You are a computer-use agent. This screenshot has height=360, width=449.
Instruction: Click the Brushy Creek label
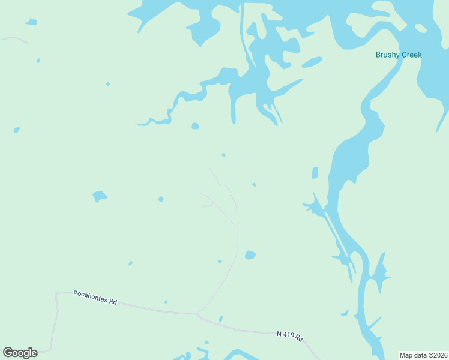[399, 55]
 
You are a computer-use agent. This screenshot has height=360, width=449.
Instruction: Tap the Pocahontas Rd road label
[95, 297]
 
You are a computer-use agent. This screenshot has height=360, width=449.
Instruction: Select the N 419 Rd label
[291, 335]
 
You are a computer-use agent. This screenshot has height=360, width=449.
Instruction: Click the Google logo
[20, 353]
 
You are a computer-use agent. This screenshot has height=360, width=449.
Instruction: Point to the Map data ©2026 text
[424, 355]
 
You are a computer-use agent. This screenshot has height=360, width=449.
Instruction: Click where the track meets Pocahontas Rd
[196, 313]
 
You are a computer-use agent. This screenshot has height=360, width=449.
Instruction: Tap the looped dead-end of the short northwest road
[26, 42]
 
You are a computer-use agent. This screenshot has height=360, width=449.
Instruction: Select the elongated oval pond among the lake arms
[312, 62]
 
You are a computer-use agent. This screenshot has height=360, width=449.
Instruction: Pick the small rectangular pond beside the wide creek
[315, 173]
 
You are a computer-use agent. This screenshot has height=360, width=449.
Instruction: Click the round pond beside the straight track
[250, 255]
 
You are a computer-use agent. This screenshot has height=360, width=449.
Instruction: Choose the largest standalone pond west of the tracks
[100, 196]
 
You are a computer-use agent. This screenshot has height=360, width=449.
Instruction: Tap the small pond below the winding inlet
[194, 126]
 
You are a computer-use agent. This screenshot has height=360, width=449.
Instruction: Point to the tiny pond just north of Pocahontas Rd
[166, 302]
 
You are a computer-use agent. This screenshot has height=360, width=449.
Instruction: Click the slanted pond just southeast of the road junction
[221, 319]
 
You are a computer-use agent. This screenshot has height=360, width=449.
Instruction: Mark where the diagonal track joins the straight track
[237, 227]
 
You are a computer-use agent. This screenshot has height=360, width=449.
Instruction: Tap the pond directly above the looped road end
[31, 22]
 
